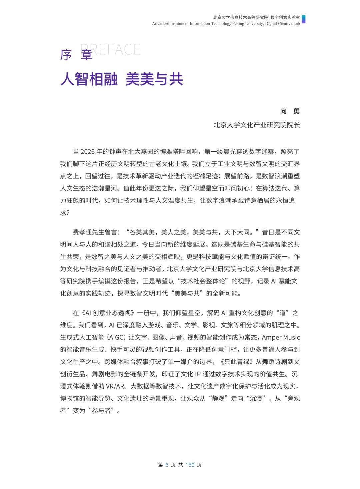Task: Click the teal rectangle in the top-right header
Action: click(303, 19)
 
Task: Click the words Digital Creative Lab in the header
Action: click(282, 24)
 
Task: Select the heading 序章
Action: click(76, 55)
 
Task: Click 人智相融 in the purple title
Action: click(89, 79)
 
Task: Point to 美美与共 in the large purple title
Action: click(154, 79)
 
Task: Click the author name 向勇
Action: click(290, 111)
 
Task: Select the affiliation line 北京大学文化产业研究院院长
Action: click(257, 125)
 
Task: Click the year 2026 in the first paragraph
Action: click(88, 152)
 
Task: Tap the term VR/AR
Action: click(115, 386)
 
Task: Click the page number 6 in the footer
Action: click(167, 465)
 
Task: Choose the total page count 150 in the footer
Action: click(190, 465)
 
